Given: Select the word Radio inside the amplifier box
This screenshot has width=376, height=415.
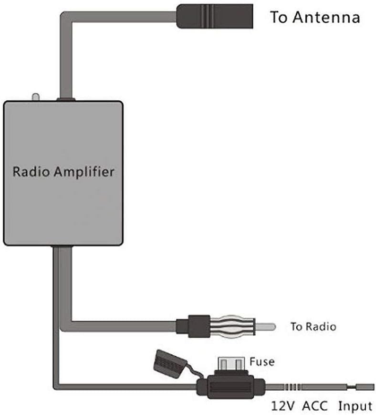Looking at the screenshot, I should point(31,171).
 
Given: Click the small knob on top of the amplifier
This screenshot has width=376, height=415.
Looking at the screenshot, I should point(35,96).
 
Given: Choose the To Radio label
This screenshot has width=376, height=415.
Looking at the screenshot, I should point(313,327).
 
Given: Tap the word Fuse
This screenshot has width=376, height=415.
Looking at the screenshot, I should point(262,362).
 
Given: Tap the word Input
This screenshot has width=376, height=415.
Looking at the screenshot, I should point(355,406).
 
